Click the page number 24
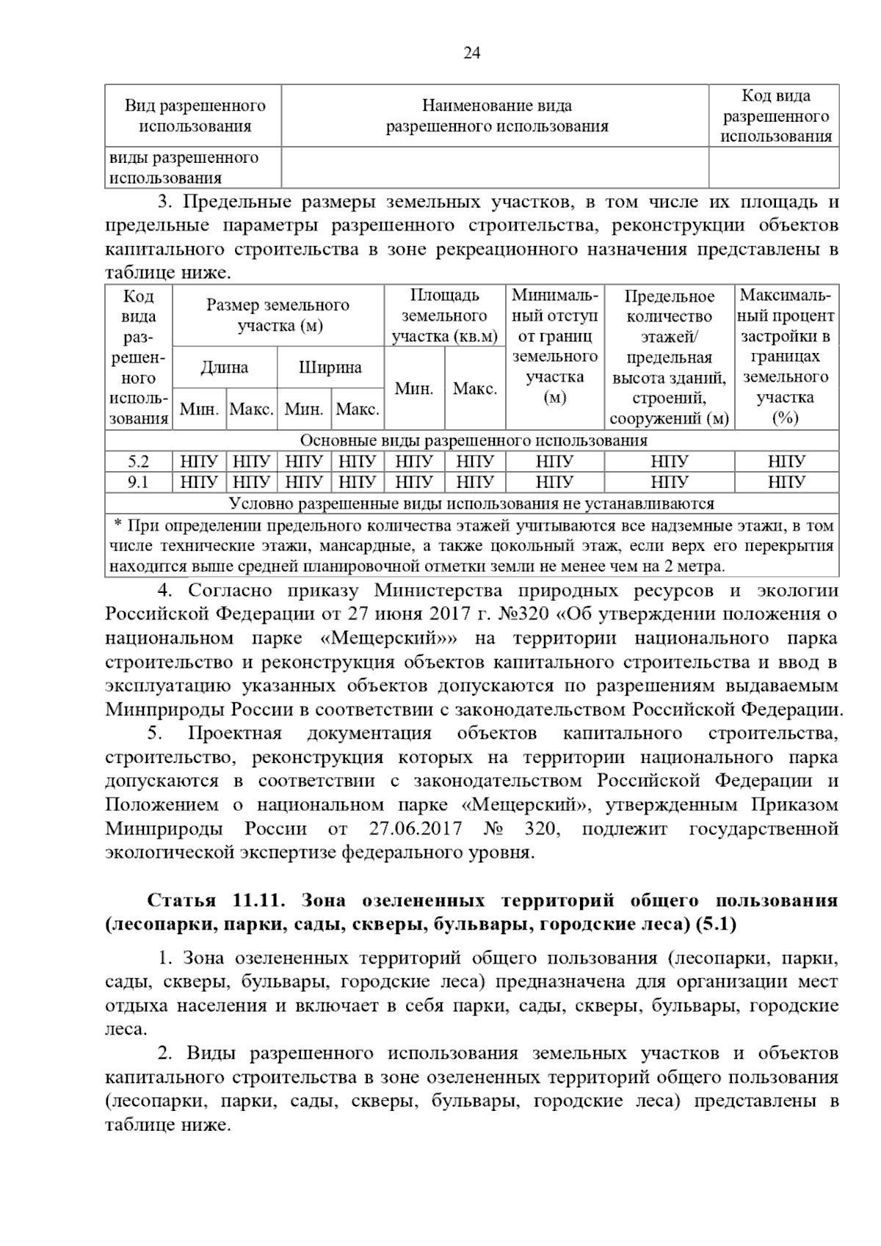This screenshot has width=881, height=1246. pos(471,53)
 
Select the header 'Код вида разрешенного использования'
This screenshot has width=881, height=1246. pos(775,116)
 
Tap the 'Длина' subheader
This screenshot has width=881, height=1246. pos(225,367)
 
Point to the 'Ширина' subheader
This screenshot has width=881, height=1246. pos(330,367)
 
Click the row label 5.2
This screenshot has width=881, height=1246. pos(138,462)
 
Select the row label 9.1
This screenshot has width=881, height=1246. pos(138,482)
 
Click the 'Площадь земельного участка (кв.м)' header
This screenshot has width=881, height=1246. pos(444,316)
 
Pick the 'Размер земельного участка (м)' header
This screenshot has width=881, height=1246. pos(278,316)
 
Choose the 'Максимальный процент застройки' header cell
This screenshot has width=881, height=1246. pos(787,357)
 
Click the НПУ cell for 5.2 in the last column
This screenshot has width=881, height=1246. pos(787,462)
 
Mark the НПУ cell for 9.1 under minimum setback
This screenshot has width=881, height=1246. pos(554,482)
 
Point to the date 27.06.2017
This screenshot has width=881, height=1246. pos(416,829)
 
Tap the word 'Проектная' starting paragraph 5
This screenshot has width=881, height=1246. pos(234,734)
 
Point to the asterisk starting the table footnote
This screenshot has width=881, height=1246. pos(117,525)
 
